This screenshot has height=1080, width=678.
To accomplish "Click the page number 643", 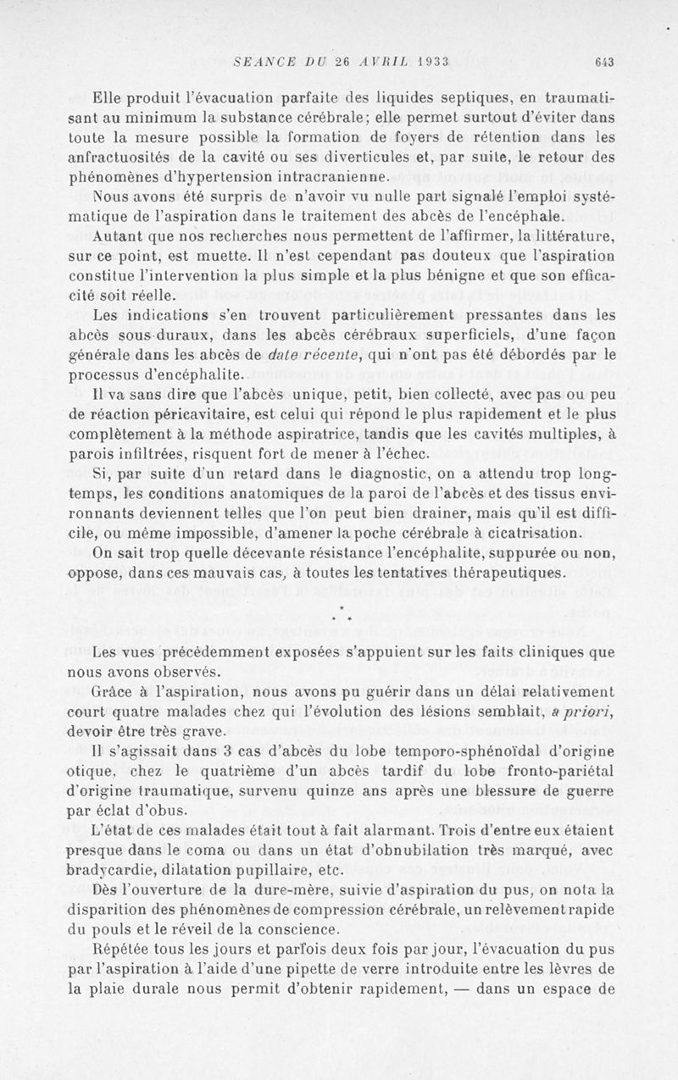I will click(604, 61).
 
